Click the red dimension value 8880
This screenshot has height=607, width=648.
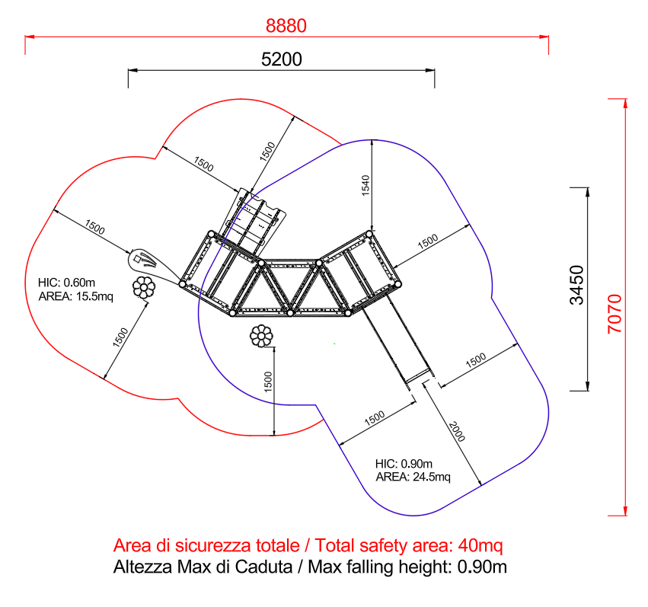286,26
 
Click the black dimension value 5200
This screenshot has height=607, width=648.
282,59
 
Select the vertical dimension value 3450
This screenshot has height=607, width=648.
577,285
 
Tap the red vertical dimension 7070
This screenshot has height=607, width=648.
614,314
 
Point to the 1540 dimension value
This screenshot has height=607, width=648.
365,185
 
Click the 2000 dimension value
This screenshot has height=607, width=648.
457,431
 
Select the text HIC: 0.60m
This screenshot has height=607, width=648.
66,283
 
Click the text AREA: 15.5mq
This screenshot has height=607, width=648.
75,296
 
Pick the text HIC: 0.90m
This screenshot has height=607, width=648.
404,464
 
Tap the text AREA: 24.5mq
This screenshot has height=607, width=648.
413,477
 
